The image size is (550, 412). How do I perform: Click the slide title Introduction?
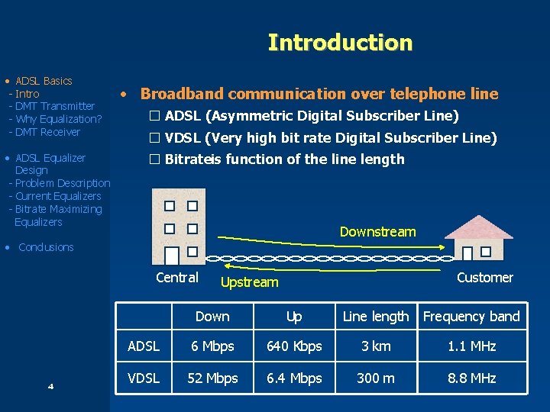340,42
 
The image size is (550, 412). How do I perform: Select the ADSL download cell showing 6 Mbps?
212,346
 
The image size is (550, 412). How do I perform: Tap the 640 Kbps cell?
294,346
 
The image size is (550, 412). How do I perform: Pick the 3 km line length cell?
376,346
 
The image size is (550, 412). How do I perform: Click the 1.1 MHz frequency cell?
471,346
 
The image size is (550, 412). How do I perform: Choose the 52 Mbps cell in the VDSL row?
212,378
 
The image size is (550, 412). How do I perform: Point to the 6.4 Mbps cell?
294,378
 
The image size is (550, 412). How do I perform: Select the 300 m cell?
376,378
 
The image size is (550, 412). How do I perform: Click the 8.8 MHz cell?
471,378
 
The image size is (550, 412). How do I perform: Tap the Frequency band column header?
471,317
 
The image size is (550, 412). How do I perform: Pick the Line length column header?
376,317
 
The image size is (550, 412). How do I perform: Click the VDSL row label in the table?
144,378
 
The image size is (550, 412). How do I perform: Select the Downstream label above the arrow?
377,232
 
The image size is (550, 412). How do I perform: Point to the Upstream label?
249,282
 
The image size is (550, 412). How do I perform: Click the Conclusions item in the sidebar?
46,247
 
